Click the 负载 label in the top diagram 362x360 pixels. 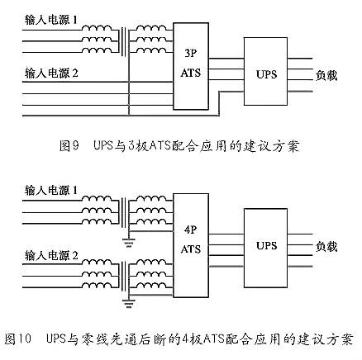pyautogui.click(x=326, y=73)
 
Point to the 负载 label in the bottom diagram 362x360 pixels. pyautogui.click(x=326, y=246)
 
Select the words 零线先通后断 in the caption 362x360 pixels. pyautogui.click(x=124, y=339)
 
